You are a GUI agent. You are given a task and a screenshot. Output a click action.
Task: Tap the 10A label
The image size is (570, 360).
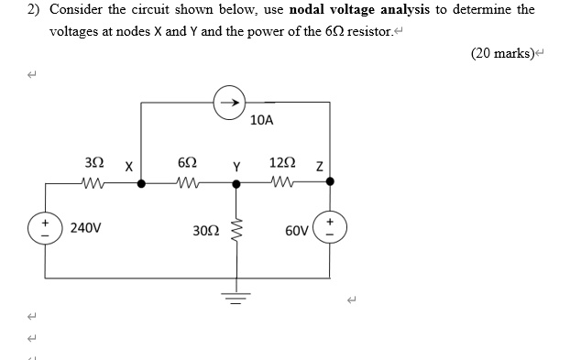pos(262,121)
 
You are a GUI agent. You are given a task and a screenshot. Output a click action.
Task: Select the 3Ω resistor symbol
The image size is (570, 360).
pos(94,182)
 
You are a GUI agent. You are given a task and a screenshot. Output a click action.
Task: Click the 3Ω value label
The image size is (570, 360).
pos(93,162)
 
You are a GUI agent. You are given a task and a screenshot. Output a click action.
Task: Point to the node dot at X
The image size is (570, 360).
pos(140,182)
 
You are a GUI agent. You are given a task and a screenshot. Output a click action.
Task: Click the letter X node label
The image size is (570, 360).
pos(128,167)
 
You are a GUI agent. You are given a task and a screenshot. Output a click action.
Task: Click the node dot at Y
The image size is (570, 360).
pos(236,182)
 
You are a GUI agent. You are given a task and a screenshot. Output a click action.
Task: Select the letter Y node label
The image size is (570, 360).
pos(236,167)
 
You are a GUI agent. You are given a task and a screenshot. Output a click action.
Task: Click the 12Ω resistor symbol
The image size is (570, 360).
pos(283,182)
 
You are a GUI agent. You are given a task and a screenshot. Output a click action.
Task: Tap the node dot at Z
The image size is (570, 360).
pos(330,182)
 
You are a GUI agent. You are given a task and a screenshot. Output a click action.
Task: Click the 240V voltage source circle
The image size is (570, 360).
pos(44,227)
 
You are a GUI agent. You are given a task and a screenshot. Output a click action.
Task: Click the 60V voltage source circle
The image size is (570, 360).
pos(329,227)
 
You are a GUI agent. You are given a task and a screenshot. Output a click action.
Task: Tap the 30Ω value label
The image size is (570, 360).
pos(206,229)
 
